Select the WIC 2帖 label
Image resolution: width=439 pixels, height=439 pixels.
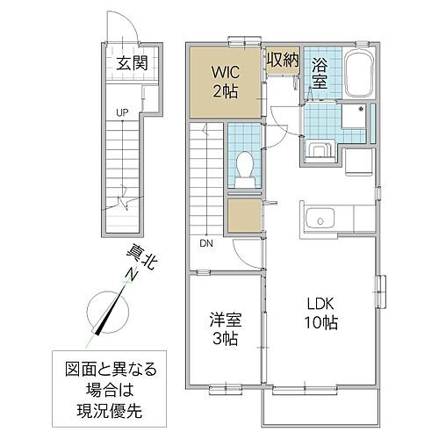click(224, 77)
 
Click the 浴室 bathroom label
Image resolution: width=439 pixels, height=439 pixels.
click(319, 77)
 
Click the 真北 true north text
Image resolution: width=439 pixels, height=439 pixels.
click(133, 262)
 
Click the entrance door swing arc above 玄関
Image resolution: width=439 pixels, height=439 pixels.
click(123, 28)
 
